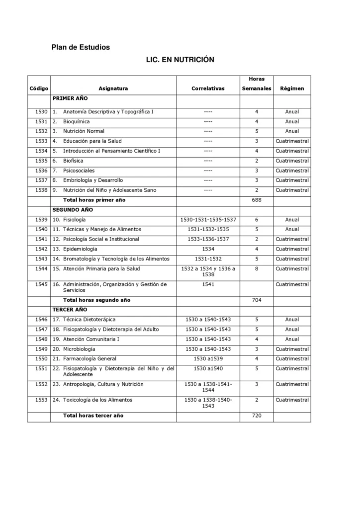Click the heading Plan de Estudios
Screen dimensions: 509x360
(x=81, y=47)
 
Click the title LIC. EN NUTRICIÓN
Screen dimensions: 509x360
(x=180, y=59)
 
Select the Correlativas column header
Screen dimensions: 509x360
(x=208, y=88)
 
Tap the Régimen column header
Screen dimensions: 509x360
(x=292, y=88)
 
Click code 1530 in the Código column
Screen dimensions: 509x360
(x=42, y=112)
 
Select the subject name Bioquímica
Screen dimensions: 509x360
(x=76, y=122)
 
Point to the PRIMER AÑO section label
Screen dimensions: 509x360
(x=70, y=99)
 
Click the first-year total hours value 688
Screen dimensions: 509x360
(x=257, y=200)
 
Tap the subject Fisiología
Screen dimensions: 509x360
(x=74, y=220)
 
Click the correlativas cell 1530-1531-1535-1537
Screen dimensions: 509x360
(x=208, y=220)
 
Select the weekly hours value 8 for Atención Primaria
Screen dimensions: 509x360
(x=257, y=269)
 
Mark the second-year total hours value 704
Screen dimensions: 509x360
(x=257, y=300)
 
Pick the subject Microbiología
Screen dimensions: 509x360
(x=79, y=349)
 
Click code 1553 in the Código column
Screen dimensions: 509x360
(x=42, y=400)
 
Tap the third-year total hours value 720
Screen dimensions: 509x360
(x=257, y=416)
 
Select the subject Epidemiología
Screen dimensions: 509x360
(x=80, y=249)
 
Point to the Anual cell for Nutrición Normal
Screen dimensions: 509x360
(x=292, y=132)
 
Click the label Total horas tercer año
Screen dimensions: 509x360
(x=93, y=416)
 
